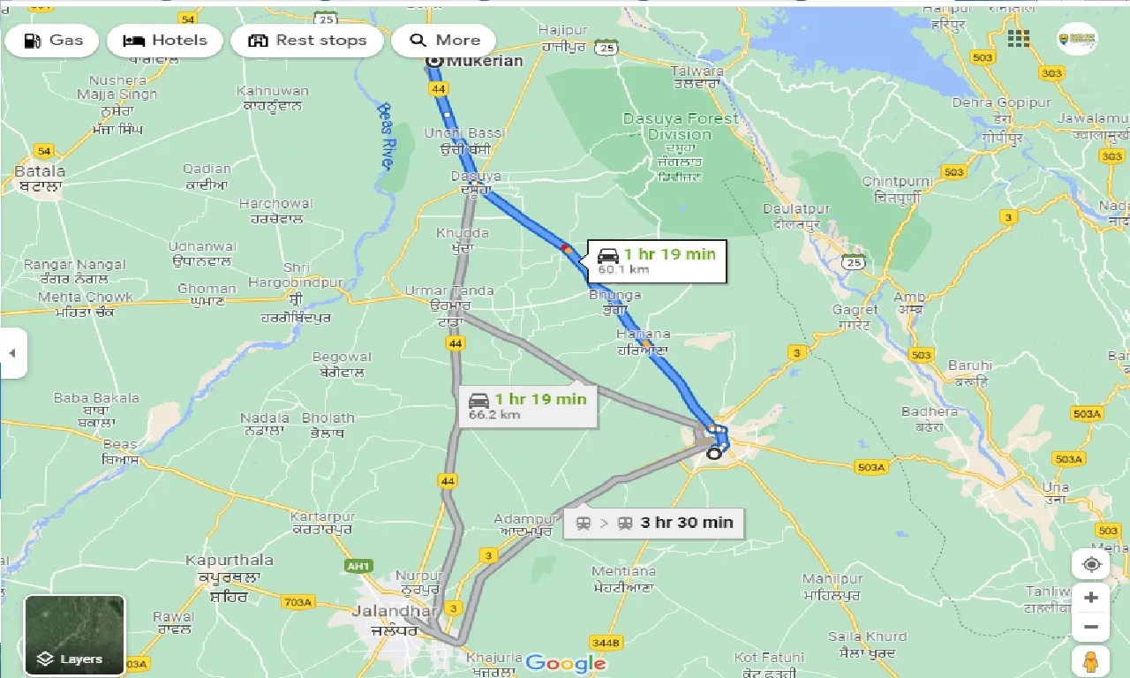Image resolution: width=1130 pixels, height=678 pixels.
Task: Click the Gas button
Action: [x=54, y=41]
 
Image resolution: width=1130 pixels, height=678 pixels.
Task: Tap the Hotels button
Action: [x=165, y=41]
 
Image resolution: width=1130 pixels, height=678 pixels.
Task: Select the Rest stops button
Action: [x=307, y=41]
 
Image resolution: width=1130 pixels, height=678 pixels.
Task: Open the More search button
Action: [x=444, y=41]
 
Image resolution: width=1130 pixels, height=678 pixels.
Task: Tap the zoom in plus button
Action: [x=1091, y=598]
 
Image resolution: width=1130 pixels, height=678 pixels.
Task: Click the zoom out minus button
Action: [x=1091, y=628]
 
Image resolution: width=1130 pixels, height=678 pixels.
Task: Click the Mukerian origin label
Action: [x=485, y=61]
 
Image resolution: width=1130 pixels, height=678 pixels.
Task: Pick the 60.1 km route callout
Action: [x=657, y=261]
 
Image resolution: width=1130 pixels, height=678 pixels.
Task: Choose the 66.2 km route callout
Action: [x=528, y=406]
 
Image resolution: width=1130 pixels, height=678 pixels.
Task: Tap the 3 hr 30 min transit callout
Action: [x=654, y=523]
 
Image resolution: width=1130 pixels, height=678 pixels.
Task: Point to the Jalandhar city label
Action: [x=393, y=611]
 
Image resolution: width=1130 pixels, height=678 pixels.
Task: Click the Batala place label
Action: [x=40, y=171]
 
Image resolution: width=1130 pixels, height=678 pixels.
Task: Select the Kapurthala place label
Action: [x=229, y=561]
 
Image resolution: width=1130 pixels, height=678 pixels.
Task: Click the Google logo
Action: [x=565, y=664]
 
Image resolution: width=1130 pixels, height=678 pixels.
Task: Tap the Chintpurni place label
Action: [x=897, y=182]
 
